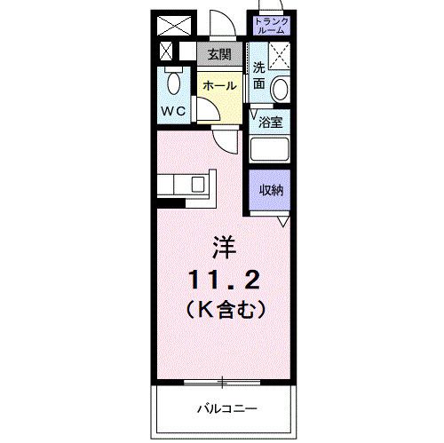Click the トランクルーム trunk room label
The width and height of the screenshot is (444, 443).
(270, 25)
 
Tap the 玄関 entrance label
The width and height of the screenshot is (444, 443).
(219, 53)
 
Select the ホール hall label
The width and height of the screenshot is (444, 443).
(218, 86)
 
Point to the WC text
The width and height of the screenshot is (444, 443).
(174, 113)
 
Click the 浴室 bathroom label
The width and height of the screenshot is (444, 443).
(271, 123)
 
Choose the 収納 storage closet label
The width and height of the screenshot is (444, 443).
(271, 189)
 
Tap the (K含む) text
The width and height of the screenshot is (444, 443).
(223, 311)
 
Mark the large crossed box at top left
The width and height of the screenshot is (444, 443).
(175, 25)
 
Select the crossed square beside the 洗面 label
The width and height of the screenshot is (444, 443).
(279, 57)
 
